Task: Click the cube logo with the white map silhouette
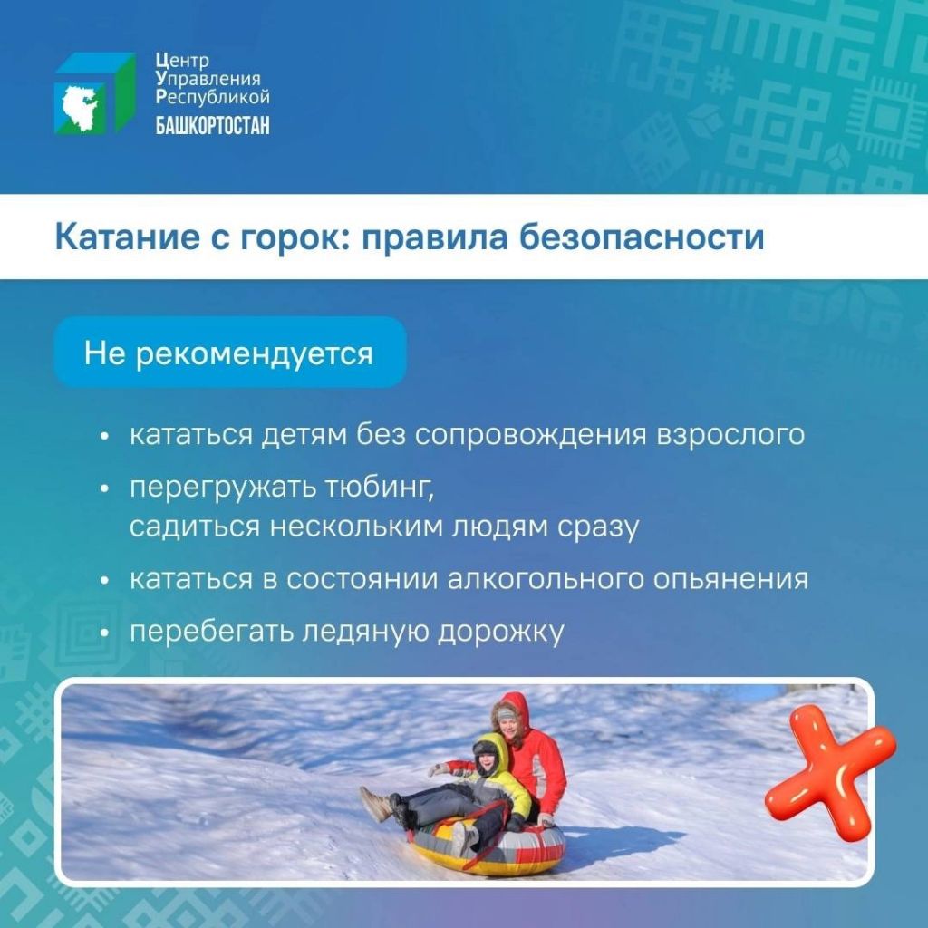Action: click(x=95, y=93)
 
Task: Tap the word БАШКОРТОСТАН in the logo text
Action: click(x=212, y=125)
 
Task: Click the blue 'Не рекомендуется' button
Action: click(x=230, y=353)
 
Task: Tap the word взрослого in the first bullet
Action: click(x=730, y=435)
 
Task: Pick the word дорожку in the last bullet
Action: click(x=500, y=632)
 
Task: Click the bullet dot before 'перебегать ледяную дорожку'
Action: click(x=105, y=633)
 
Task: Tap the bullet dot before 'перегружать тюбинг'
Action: click(x=105, y=489)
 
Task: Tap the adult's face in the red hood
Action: click(x=509, y=724)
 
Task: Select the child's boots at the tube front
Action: click(x=379, y=805)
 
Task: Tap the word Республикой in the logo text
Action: click(x=213, y=97)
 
